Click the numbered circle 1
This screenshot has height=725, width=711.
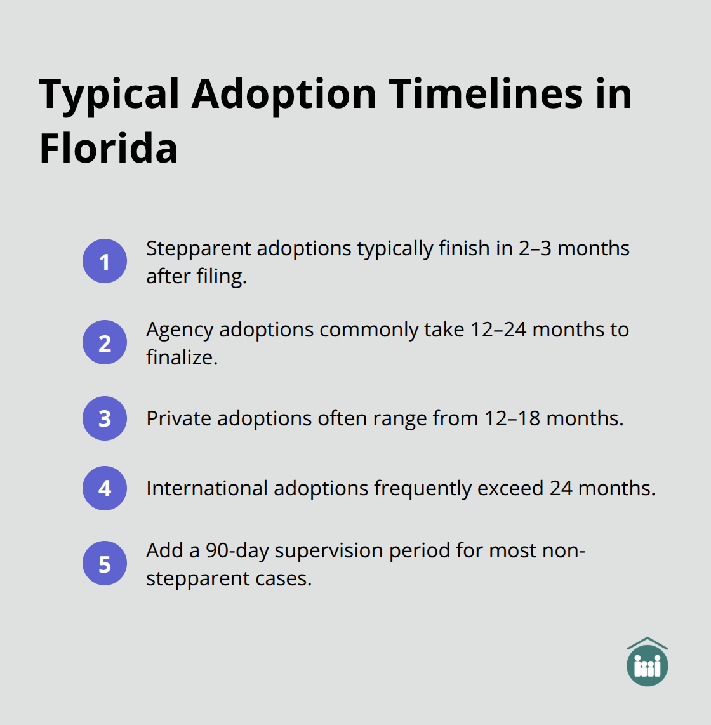point(105,261)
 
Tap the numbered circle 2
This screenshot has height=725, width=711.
point(105,342)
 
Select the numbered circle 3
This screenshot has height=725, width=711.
point(105,418)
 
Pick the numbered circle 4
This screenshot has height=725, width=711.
point(105,488)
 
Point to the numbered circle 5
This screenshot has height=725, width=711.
point(105,563)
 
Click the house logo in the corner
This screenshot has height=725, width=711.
point(648,662)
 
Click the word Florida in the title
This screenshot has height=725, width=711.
point(108,148)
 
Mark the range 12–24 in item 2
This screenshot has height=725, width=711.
point(498,329)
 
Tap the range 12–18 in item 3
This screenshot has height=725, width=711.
point(512,418)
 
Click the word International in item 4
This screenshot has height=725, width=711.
point(207,488)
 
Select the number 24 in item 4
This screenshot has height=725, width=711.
point(561,488)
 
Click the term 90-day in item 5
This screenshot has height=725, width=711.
point(237,551)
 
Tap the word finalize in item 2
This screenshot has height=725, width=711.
point(182,357)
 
